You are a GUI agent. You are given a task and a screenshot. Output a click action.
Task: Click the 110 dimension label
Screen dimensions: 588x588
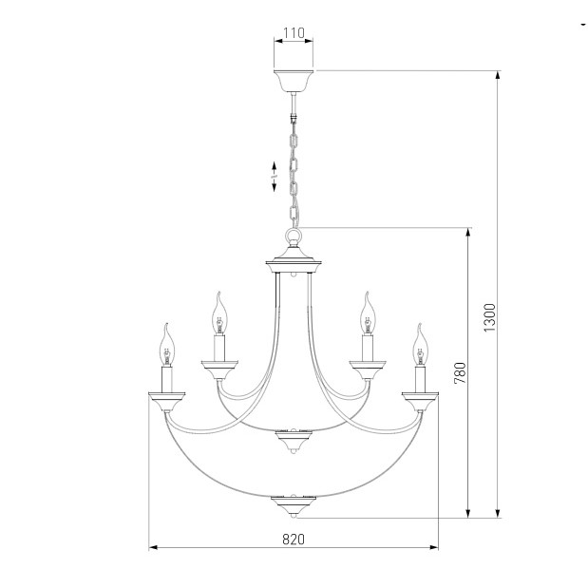(294, 33)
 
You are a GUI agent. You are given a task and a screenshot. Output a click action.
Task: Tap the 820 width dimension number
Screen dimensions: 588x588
(294, 540)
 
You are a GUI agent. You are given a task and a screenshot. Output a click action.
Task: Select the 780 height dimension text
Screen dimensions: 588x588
(460, 372)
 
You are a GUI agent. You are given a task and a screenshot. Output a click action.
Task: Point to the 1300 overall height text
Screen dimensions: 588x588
(489, 317)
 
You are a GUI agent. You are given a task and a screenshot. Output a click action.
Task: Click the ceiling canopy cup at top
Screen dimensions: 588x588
(294, 81)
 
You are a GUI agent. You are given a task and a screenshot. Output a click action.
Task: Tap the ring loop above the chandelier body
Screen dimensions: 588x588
(294, 237)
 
